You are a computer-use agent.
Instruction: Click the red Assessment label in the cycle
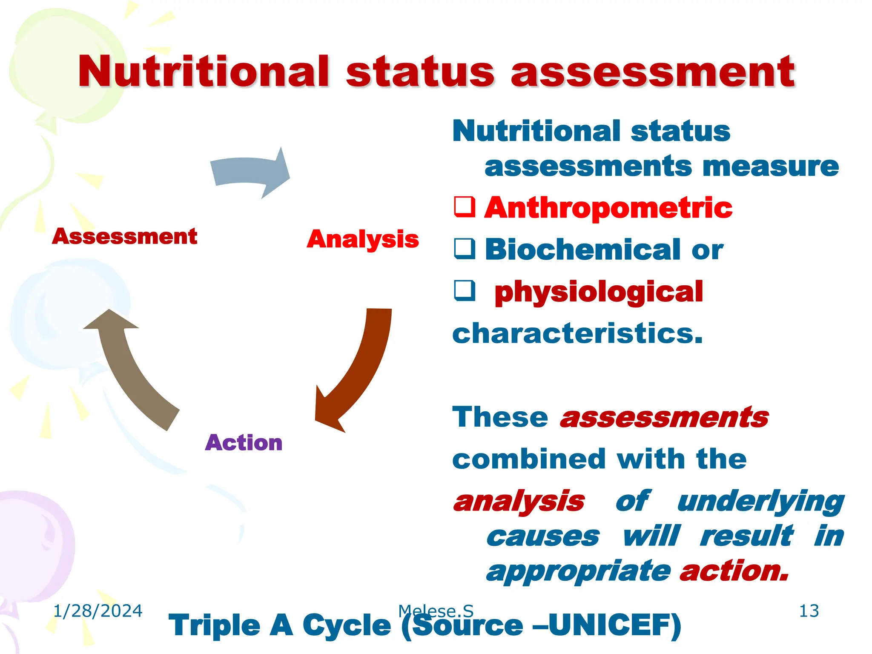pyautogui.click(x=124, y=236)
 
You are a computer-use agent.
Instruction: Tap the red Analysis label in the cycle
pyautogui.click(x=363, y=239)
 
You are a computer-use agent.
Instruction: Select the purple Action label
pyautogui.click(x=244, y=443)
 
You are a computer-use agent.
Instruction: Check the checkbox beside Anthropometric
pyautogui.click(x=464, y=207)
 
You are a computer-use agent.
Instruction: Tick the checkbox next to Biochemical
pyautogui.click(x=464, y=249)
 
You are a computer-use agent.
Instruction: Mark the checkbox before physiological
pyautogui.click(x=464, y=291)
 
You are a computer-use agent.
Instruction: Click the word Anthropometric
pyautogui.click(x=608, y=208)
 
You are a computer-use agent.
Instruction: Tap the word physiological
pyautogui.click(x=599, y=293)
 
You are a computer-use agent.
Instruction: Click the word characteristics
pyautogui.click(x=577, y=333)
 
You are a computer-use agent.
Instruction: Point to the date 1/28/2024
pyautogui.click(x=98, y=611)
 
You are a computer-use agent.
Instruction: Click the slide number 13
pyautogui.click(x=809, y=611)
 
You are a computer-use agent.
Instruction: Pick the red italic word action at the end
pyautogui.click(x=733, y=571)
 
